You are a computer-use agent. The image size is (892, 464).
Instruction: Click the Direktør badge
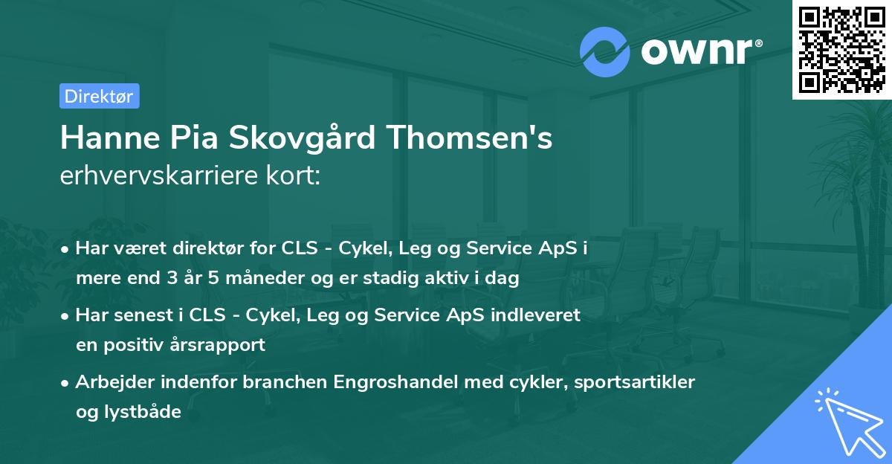99,96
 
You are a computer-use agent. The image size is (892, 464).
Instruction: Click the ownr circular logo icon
605,52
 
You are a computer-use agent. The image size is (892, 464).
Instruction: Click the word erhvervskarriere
157,176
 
